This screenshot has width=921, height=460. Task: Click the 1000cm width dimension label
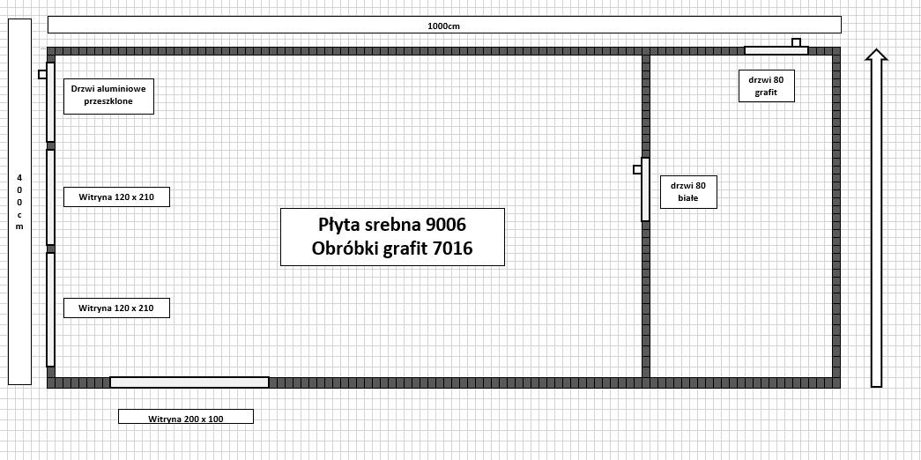443,26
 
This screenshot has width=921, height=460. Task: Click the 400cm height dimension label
19,202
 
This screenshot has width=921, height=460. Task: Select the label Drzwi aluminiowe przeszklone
108,95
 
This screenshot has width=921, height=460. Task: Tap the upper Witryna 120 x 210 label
116,197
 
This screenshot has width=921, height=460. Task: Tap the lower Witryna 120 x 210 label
116,308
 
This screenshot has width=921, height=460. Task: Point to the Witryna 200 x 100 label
186,419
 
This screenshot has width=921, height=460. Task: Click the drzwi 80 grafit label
767,85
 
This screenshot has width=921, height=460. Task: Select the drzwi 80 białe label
688,191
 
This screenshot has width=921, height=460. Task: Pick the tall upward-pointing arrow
876,218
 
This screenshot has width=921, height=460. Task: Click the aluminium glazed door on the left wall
50,102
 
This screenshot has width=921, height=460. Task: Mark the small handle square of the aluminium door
42,74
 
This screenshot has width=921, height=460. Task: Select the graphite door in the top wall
776,50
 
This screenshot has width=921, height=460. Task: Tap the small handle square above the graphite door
796,42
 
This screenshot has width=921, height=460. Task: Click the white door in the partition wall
645,189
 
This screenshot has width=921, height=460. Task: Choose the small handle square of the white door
637,170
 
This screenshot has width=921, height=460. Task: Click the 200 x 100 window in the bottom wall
189,382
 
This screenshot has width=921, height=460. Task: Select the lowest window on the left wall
50,309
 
